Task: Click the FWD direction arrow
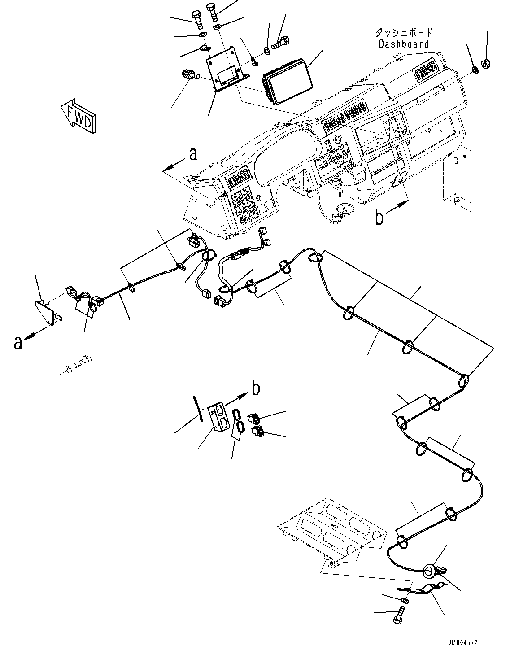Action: pos(79,115)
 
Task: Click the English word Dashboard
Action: pos(403,44)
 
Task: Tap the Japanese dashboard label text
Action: pos(403,32)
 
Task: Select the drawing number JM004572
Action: pos(462,643)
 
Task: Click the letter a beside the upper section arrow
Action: pos(193,155)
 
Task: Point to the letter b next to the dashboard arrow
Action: pos(379,218)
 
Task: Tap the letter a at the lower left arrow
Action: pos(18,343)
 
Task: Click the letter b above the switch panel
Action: pos(255,388)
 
